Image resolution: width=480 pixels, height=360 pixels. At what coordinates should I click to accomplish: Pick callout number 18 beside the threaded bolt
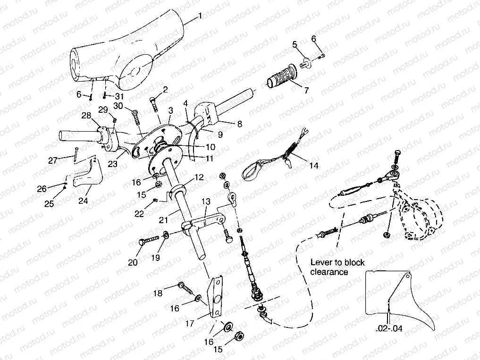coord(158,293)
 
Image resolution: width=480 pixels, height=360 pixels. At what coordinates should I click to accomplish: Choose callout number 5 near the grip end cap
coord(295,44)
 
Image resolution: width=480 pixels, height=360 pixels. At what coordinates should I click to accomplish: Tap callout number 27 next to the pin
coord(53,160)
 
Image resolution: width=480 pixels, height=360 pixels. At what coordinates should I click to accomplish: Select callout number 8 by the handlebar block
coord(239,125)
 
